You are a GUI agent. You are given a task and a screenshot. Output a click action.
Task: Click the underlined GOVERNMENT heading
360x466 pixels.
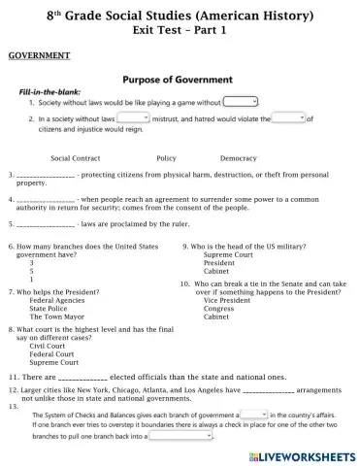point(35,56)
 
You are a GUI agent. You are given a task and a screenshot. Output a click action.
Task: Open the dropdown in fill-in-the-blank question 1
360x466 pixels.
point(241,101)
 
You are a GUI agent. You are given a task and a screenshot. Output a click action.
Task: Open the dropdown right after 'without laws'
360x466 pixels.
point(132,117)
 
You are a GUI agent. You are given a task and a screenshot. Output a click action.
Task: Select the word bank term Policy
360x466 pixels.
point(166,157)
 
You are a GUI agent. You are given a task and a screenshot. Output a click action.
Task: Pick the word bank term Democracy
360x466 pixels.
point(239,157)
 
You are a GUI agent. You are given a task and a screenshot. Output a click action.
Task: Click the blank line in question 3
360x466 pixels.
point(47,175)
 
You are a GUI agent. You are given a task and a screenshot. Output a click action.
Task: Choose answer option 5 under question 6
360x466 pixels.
point(32,270)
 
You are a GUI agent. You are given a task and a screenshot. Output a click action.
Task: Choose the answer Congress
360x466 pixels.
point(218,309)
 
